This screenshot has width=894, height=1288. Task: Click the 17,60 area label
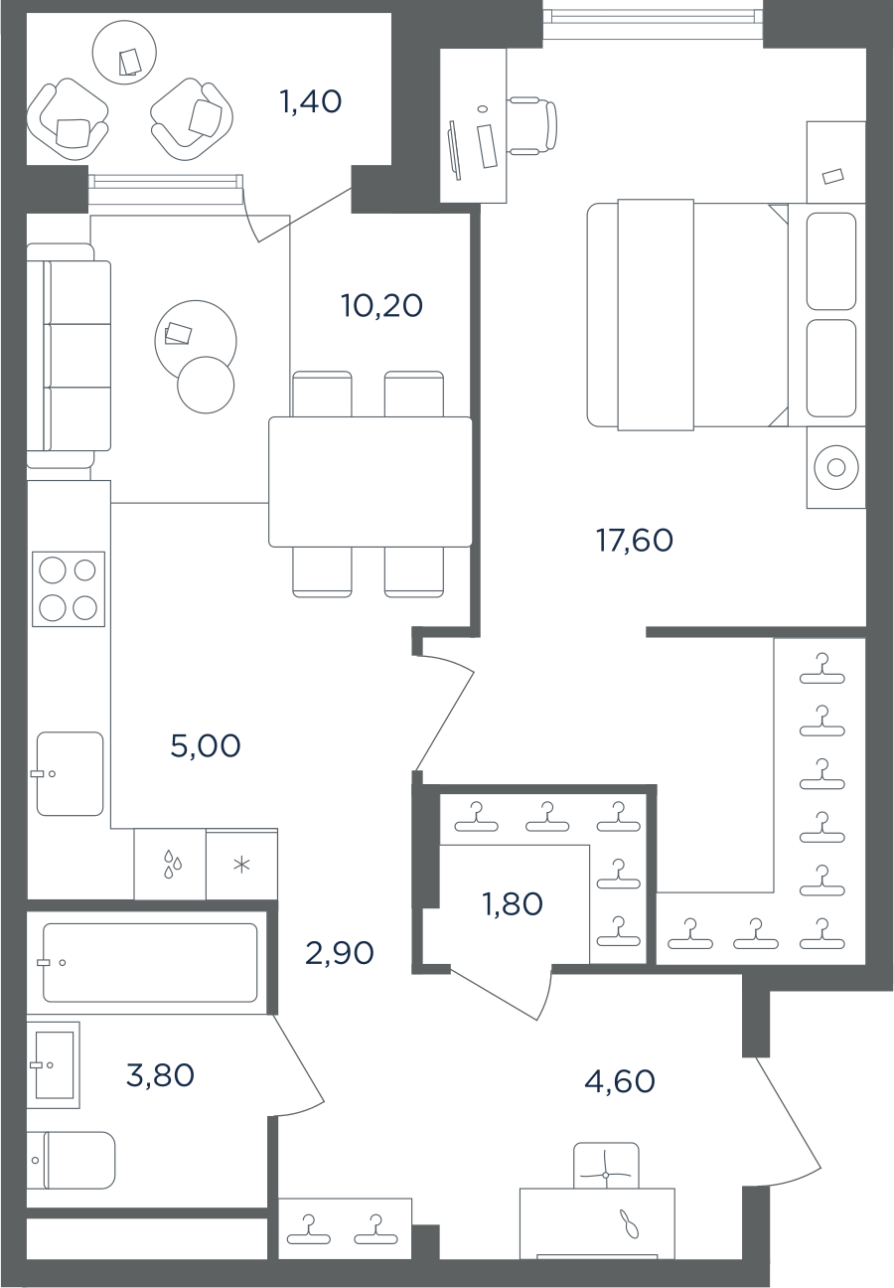(x=635, y=541)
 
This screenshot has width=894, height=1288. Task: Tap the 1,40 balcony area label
(x=310, y=101)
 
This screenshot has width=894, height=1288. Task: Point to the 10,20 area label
(x=382, y=305)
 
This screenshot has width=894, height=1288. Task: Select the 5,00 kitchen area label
(x=206, y=745)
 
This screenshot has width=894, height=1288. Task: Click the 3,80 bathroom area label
(x=160, y=1075)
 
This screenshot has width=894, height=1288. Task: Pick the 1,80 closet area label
(x=513, y=904)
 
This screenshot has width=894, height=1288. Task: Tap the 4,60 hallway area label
(x=620, y=1081)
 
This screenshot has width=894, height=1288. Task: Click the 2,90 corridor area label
(x=340, y=953)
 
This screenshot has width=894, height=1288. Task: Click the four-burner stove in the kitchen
(x=69, y=588)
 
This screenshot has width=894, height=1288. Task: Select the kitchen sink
(x=71, y=773)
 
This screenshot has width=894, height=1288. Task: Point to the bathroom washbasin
(x=53, y=1065)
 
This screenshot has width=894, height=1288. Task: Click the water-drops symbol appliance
(x=170, y=865)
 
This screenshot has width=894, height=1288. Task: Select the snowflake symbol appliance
(x=242, y=865)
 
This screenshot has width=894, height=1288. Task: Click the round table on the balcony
(x=124, y=53)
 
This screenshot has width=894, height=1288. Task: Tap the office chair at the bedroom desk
(x=532, y=125)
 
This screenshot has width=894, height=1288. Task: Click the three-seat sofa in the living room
(x=69, y=356)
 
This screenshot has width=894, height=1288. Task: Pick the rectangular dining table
(x=371, y=482)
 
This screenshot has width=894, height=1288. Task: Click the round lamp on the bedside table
(x=836, y=467)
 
